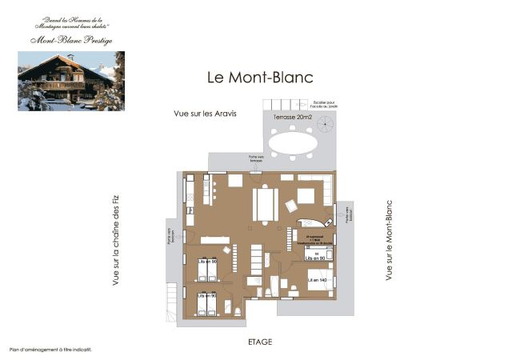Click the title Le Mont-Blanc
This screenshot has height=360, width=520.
(260, 78)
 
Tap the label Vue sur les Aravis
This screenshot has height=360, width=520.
(205, 114)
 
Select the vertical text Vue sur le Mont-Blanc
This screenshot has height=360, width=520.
(389, 240)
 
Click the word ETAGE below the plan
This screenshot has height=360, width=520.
(260, 342)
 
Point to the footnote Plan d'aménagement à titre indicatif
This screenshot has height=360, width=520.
(50, 350)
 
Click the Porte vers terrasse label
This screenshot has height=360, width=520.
(233, 158)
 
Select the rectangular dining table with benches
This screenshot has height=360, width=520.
(266, 203)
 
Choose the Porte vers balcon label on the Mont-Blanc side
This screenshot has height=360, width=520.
(346, 214)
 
